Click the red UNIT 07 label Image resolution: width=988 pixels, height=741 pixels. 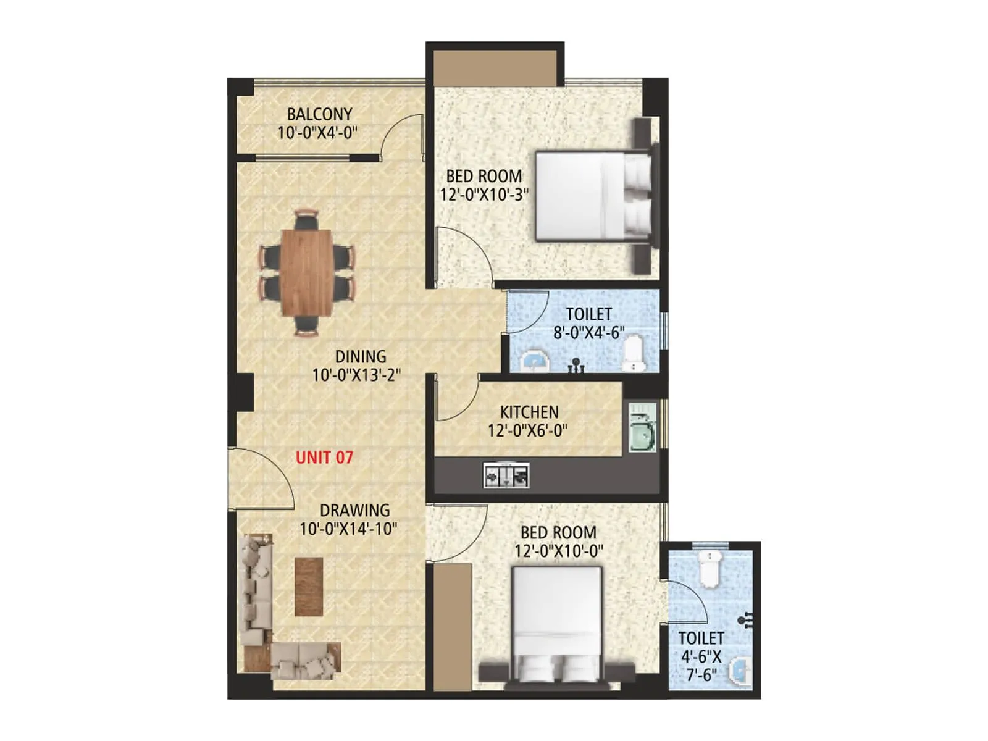point(324,458)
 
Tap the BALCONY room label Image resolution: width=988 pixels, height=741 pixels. point(319,114)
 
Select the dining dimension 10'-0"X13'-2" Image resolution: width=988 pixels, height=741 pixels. point(356,375)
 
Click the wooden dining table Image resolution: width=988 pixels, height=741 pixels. point(306,272)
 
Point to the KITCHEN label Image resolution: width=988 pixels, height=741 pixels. point(529,412)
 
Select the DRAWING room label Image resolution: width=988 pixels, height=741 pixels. point(354,511)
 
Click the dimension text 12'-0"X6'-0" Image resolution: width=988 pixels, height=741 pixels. point(527,430)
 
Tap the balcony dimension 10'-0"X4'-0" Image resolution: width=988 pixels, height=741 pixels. point(317,132)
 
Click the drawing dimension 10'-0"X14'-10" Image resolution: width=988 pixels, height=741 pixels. point(348,529)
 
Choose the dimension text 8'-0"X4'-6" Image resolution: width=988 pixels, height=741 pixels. point(588,333)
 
